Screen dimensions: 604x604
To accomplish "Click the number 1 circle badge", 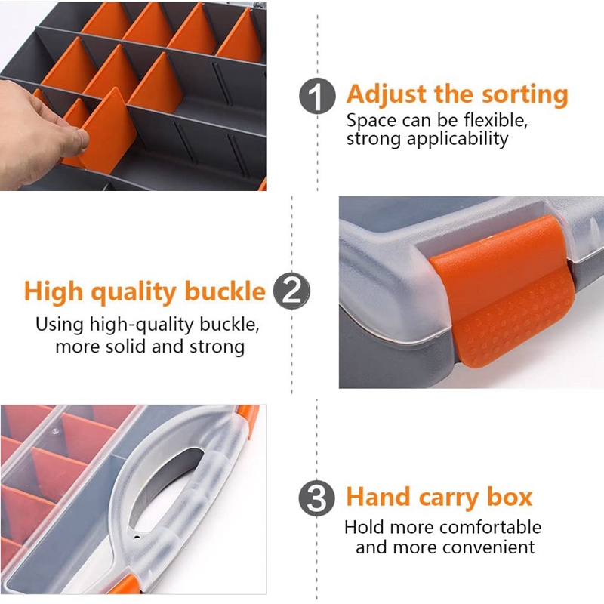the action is tap(317, 96).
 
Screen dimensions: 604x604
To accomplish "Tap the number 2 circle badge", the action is tap(291, 291).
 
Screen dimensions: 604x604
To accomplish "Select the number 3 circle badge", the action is tap(316, 498).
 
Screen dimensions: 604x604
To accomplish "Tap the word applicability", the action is tap(458, 139).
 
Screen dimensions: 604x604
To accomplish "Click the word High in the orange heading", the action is tap(54, 291).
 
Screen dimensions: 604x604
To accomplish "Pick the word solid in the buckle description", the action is tap(126, 347).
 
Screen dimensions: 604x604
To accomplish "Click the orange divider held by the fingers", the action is tap(106, 131).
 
